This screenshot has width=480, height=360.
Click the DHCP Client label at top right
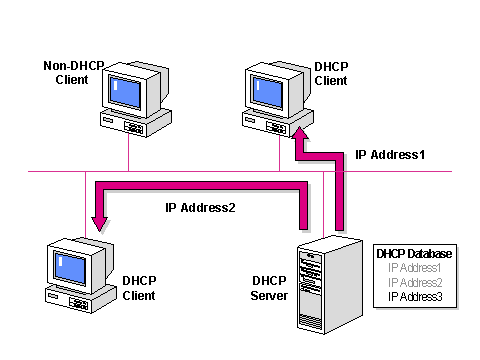tap(331, 72)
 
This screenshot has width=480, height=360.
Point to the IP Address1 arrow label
tap(390, 156)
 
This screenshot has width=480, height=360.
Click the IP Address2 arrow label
tap(200, 208)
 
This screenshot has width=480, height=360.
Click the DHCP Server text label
tap(269, 288)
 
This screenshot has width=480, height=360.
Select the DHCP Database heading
tap(414, 254)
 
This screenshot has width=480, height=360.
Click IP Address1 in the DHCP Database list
tap(414, 268)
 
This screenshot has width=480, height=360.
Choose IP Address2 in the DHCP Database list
tap(414, 282)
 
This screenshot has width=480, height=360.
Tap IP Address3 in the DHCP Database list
tap(414, 296)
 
